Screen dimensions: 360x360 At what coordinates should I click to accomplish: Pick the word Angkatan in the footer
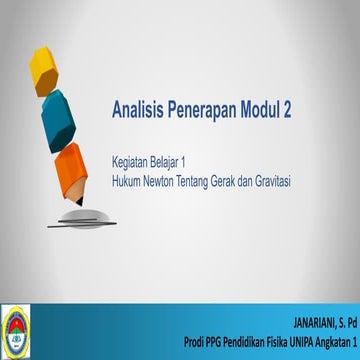pos(333,345)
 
